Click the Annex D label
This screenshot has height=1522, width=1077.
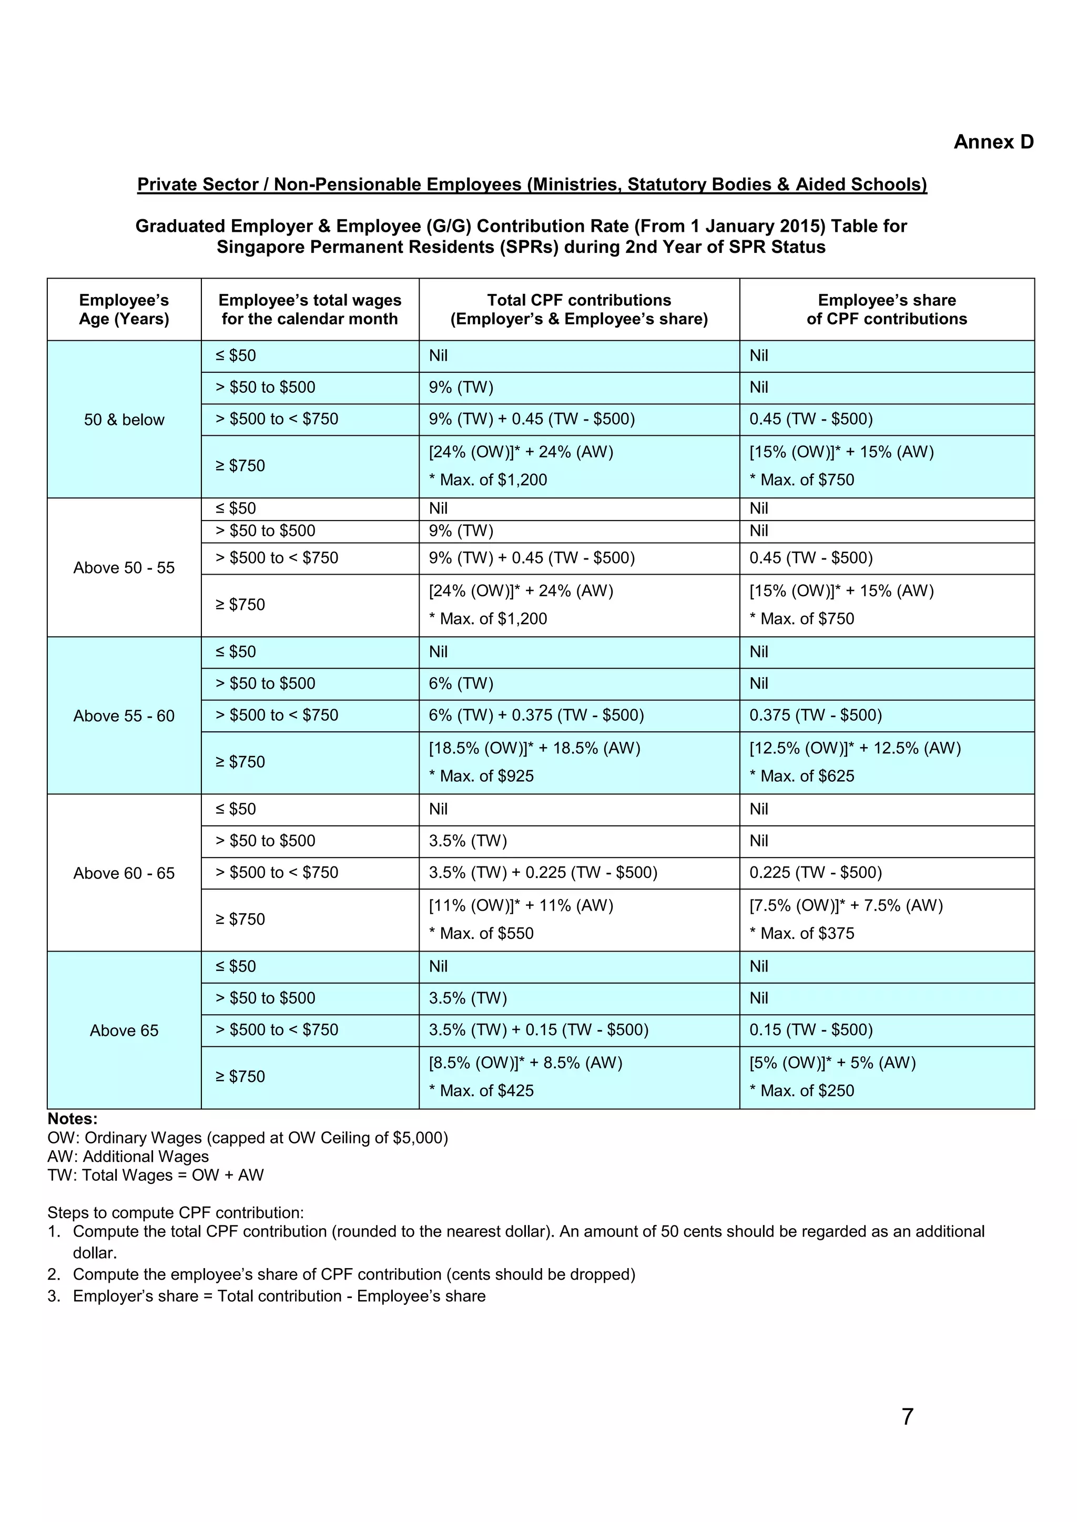point(993,142)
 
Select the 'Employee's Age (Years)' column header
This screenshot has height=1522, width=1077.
point(124,310)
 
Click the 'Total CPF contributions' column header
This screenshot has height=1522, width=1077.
point(579,310)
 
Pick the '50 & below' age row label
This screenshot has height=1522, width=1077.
point(124,420)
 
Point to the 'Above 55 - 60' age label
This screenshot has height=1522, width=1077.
point(124,716)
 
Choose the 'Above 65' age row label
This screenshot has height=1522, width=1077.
point(124,1030)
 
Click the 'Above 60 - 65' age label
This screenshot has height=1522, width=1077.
point(124,873)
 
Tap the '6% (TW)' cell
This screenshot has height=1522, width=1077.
point(461,683)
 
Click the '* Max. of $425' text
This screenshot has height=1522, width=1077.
point(482,1090)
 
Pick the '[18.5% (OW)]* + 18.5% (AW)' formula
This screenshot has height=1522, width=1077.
point(534,749)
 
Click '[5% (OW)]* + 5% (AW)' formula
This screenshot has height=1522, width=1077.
point(832,1063)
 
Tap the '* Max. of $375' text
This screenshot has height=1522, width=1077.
point(802,933)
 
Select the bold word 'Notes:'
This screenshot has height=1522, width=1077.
point(72,1119)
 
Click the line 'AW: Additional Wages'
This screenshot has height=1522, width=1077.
point(128,1156)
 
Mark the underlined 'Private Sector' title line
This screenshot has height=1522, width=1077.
point(532,185)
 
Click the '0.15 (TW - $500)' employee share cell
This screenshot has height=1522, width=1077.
point(811,1029)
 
